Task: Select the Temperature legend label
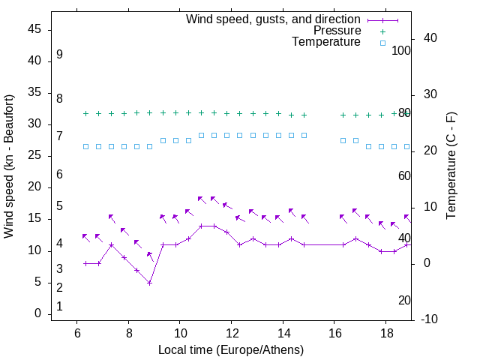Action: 326,42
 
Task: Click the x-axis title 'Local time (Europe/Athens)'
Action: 231,349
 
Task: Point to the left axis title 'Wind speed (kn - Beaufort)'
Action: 9,166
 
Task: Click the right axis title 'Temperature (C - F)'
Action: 451,166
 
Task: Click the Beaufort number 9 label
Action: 59,55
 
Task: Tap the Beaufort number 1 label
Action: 59,307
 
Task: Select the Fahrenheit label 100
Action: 401,50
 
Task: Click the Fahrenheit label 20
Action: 404,301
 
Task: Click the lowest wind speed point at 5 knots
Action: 150,283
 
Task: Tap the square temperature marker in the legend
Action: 382,43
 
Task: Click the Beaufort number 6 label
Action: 59,175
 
